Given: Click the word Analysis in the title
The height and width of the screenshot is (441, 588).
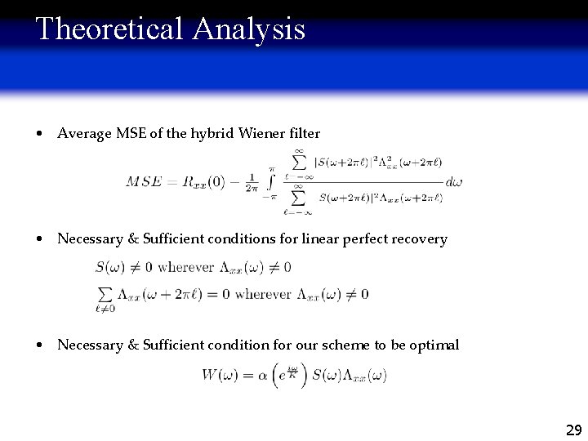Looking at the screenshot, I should [249, 29].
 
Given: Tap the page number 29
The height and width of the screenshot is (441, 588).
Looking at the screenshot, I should [573, 430].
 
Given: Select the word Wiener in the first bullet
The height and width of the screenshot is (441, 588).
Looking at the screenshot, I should [264, 133].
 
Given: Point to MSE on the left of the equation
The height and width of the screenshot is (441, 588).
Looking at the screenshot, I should [144, 181].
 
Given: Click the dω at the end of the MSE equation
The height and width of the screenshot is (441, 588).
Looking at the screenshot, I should [454, 181].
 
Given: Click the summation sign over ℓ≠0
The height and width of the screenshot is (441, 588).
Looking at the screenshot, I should [104, 293].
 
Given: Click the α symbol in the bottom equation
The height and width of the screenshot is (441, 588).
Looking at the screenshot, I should [263, 376].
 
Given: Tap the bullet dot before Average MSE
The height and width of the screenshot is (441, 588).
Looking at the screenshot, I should [40, 133].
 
